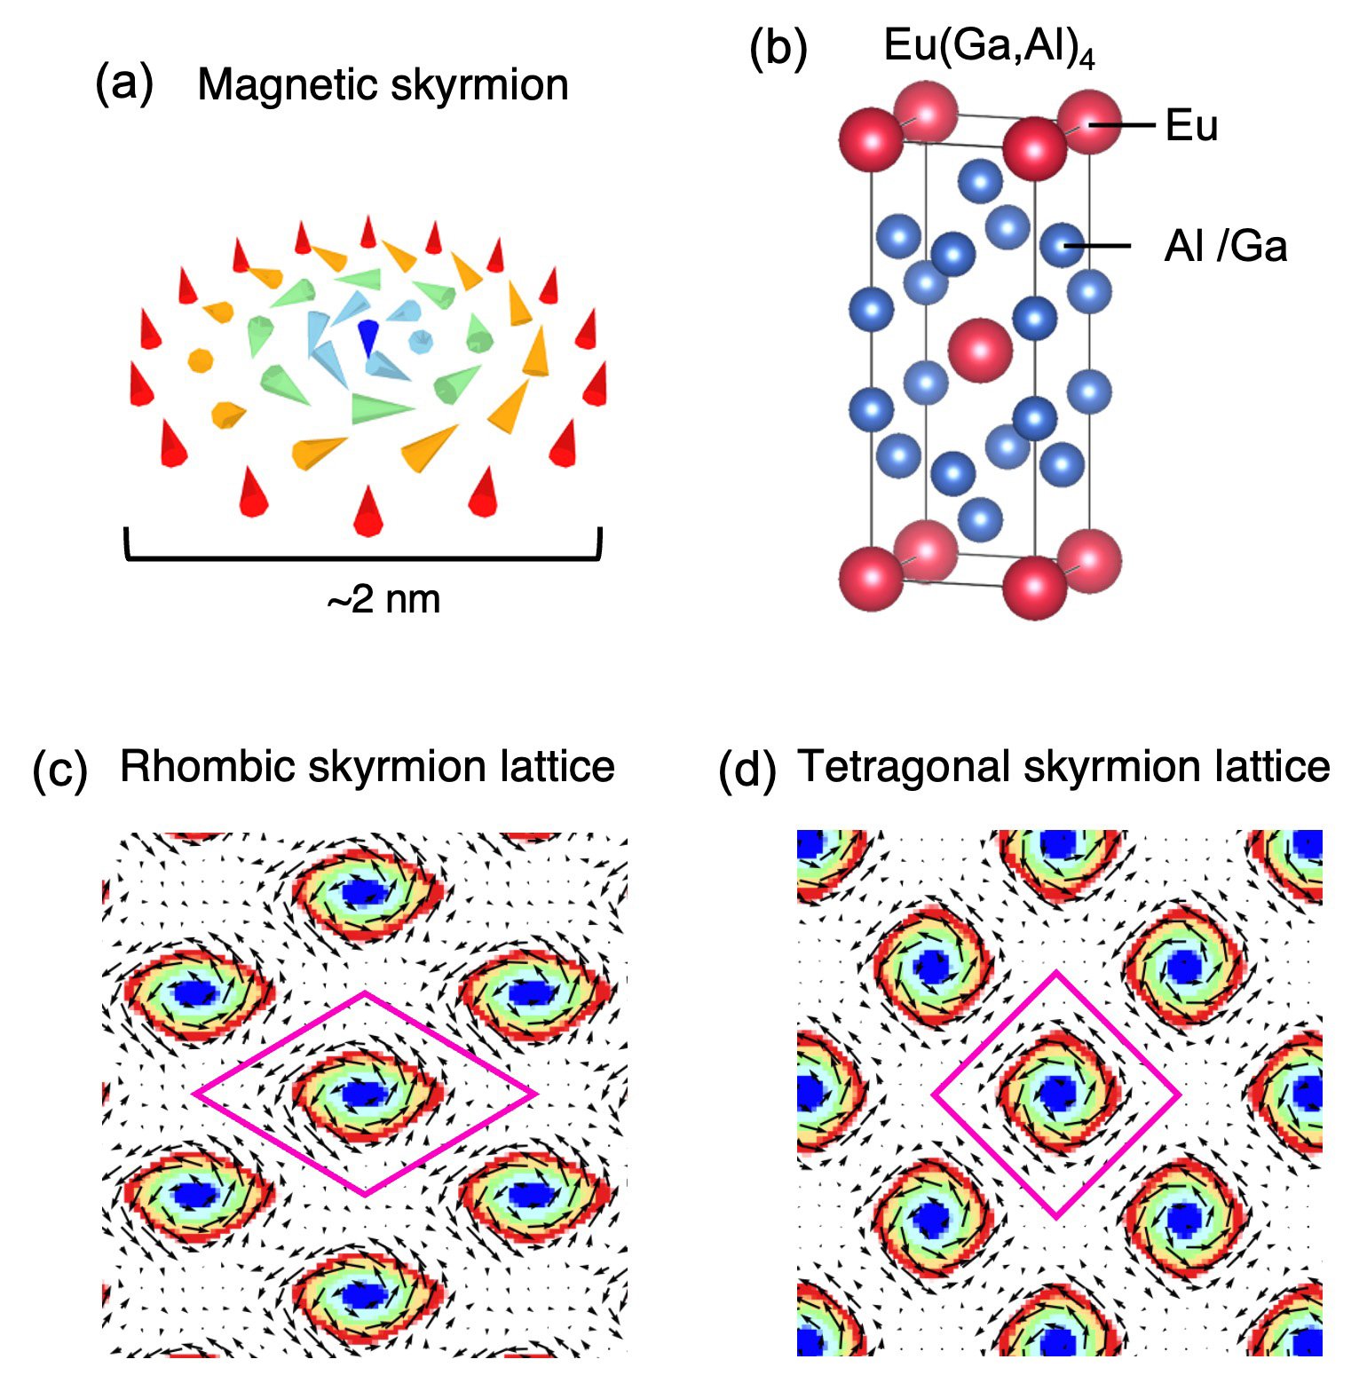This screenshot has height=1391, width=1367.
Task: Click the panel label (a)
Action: tap(124, 84)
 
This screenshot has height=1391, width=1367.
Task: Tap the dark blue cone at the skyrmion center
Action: tap(367, 339)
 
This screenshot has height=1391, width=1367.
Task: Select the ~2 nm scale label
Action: tap(383, 600)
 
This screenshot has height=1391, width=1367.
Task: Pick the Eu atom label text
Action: tap(1191, 125)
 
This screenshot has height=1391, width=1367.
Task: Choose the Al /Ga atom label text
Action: tap(1226, 246)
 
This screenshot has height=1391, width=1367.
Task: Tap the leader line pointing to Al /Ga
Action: tap(1098, 246)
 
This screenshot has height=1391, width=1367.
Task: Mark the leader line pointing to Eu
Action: tap(1122, 125)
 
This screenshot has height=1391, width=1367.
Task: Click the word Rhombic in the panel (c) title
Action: tap(208, 766)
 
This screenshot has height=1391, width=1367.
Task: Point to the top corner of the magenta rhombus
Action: tap(365, 992)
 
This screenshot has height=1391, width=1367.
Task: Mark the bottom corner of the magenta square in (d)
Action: tap(1056, 1217)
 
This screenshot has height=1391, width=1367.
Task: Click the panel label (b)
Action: tap(778, 48)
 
